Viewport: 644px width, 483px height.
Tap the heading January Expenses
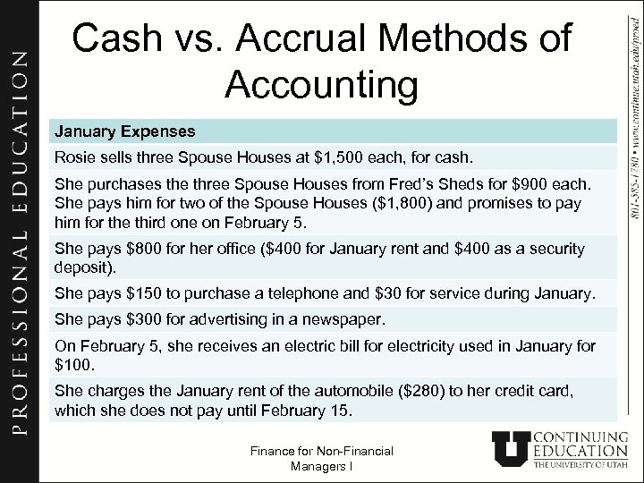pyautogui.click(x=124, y=131)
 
